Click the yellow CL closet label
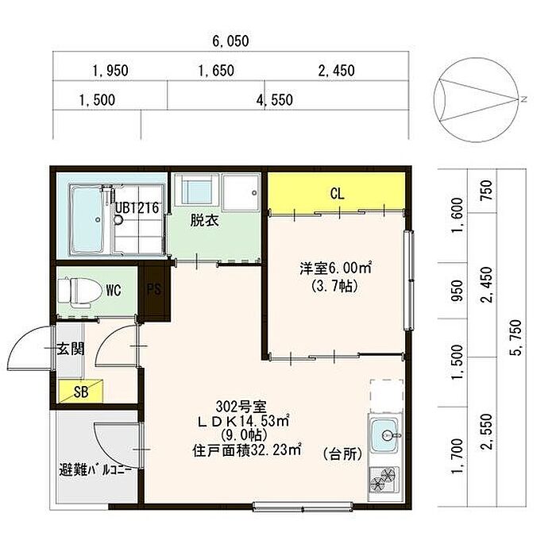[x=337, y=194]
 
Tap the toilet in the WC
[x=79, y=291]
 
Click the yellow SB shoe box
[x=80, y=391]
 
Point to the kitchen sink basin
[x=384, y=435]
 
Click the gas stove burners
[x=383, y=479]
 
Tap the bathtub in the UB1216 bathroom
[x=87, y=219]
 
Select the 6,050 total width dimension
[x=230, y=41]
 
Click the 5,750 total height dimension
[x=516, y=338]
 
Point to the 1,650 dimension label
[x=216, y=71]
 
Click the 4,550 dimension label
[x=275, y=100]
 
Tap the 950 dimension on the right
[x=458, y=291]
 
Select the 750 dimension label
[x=486, y=190]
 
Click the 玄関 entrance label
[x=71, y=349]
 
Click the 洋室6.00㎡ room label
[x=335, y=268]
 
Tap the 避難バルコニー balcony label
[x=95, y=470]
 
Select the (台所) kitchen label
[x=342, y=454]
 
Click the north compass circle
[x=474, y=101]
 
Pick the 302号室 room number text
[x=241, y=407]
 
